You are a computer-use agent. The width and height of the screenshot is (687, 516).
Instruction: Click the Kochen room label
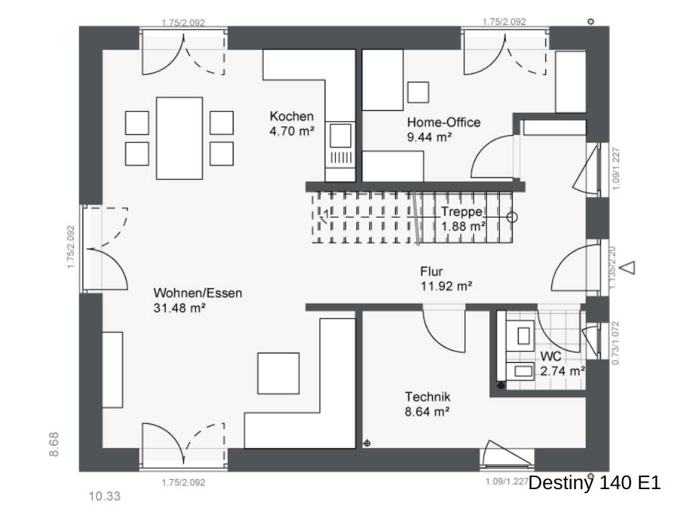[291, 116]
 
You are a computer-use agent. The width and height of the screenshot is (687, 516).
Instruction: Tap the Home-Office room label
[443, 122]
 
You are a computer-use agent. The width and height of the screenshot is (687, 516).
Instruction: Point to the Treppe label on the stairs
[462, 212]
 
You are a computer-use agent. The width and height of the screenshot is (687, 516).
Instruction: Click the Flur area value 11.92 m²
[446, 287]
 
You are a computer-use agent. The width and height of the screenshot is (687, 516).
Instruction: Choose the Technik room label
[427, 396]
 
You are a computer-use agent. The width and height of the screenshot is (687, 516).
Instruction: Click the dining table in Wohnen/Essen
[179, 138]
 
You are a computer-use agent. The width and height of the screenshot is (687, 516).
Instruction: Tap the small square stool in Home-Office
[418, 92]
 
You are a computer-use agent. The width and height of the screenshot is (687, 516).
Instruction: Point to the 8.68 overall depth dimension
[55, 444]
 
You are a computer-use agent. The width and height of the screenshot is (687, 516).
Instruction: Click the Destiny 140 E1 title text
[594, 482]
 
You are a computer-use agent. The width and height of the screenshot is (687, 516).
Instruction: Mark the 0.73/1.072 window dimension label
[617, 342]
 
